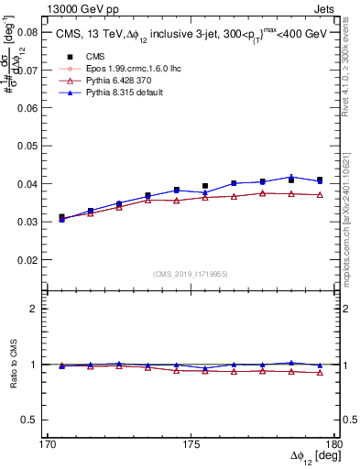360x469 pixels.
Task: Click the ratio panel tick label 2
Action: (x=34, y=310)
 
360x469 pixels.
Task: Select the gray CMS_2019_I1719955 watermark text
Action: (x=191, y=274)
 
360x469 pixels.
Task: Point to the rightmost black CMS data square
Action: (x=320, y=180)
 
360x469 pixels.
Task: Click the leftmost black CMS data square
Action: (x=61, y=217)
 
